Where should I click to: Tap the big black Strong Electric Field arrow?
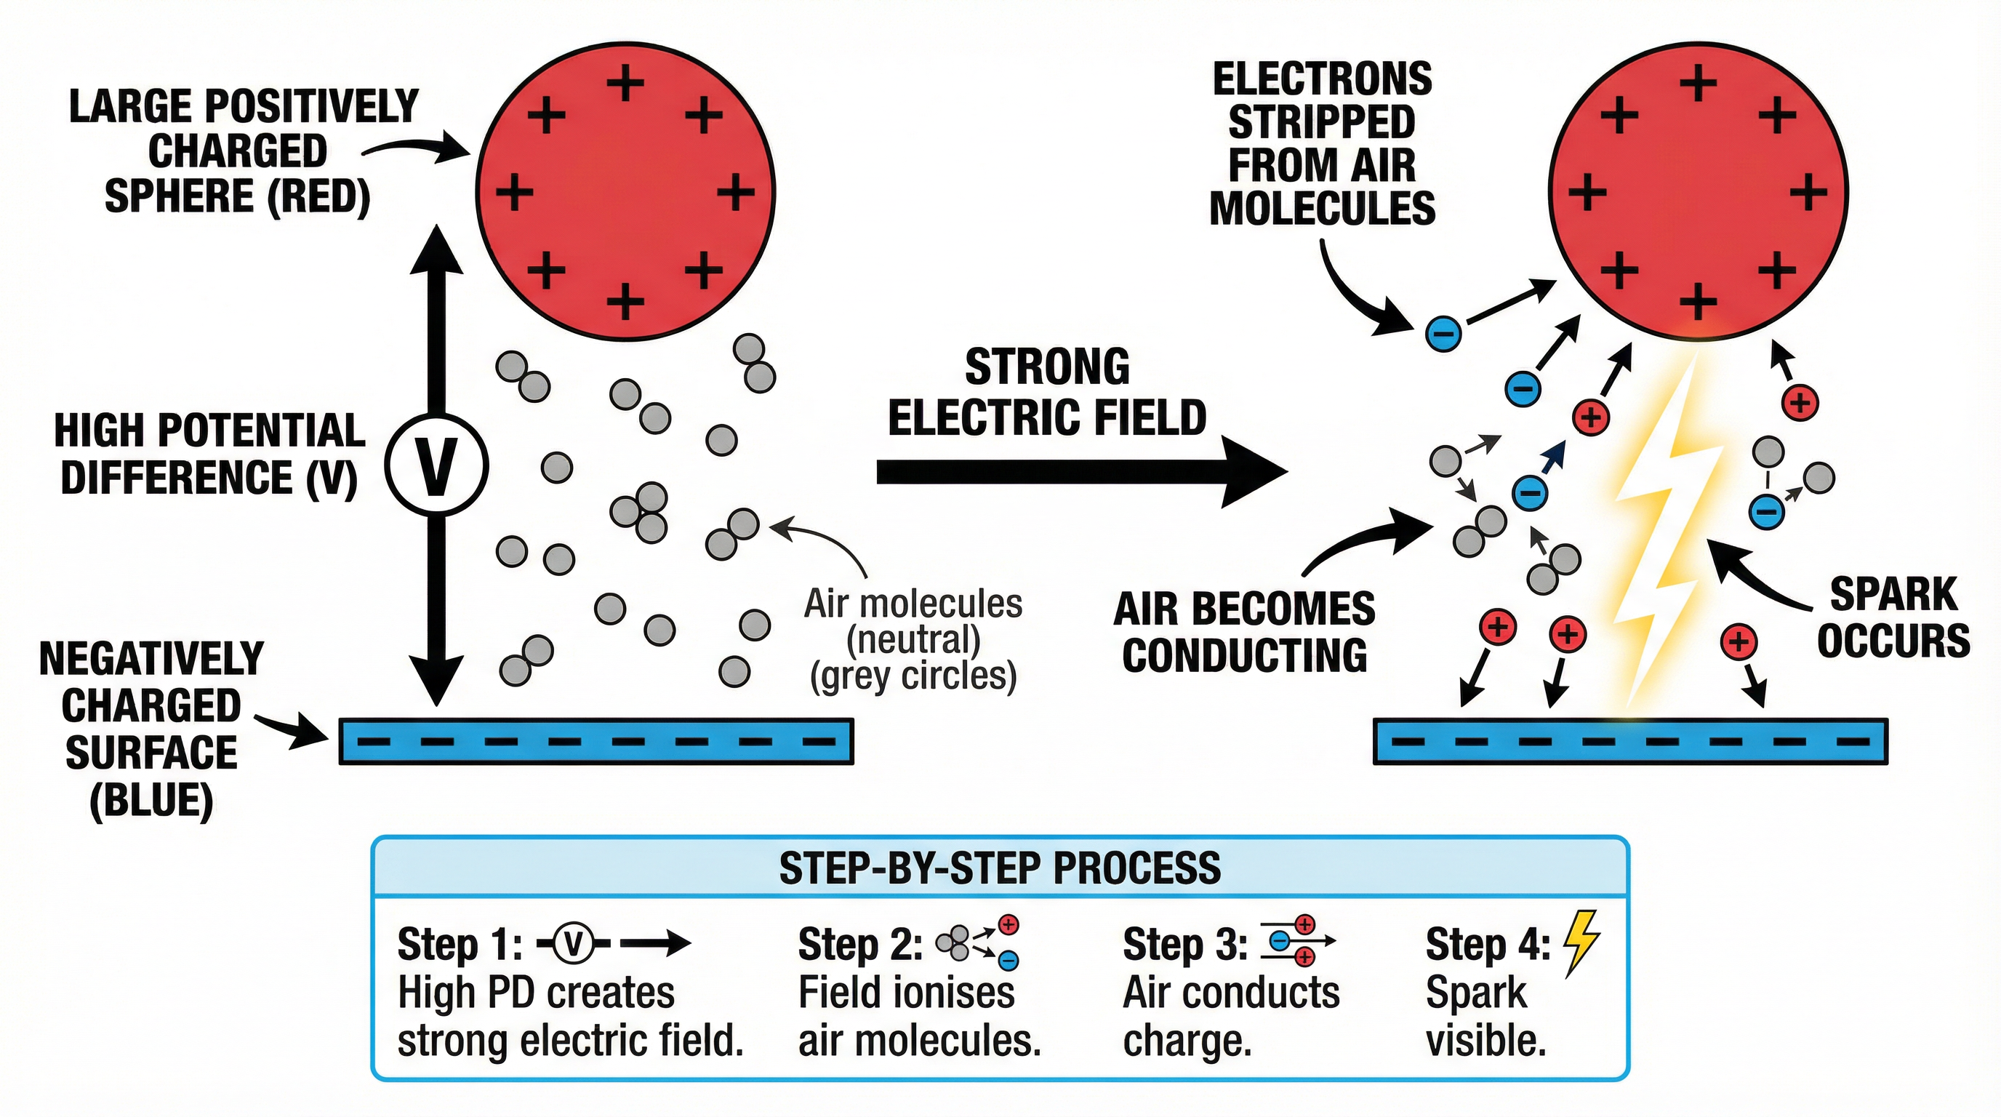1080,471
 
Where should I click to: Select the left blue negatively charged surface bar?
596,741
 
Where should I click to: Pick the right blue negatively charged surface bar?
1629,741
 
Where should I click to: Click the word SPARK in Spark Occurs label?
1893,595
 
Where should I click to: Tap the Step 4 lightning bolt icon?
1580,942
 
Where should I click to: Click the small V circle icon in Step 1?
573,944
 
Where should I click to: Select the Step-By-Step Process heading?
999,868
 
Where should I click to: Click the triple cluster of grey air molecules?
641,512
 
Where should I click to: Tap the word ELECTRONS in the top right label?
1322,79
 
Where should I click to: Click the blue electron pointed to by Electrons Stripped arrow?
1443,334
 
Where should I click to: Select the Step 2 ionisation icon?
977,942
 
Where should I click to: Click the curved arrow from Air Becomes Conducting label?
1367,540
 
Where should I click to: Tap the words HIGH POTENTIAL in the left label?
209,431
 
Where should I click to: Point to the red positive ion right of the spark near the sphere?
1800,402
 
